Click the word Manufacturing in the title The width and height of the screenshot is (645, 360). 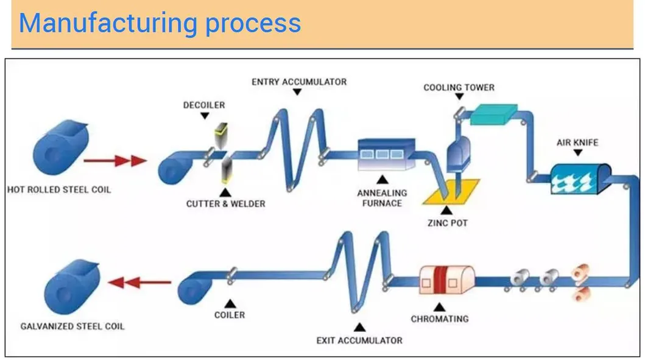pyautogui.click(x=107, y=23)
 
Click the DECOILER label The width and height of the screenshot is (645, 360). pyautogui.click(x=204, y=105)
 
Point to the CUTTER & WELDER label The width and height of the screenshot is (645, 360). pyautogui.click(x=225, y=203)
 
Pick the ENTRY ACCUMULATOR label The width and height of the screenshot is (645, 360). pyautogui.click(x=299, y=82)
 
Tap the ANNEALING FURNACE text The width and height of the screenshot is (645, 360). pyautogui.click(x=382, y=199)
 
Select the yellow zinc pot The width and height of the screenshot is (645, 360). pyautogui.click(x=451, y=192)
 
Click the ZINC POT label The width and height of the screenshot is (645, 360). pyautogui.click(x=448, y=223)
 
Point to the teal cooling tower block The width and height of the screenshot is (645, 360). pyautogui.click(x=494, y=113)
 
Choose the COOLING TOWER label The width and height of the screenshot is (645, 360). pyautogui.click(x=459, y=88)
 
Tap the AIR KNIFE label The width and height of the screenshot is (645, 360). pyautogui.click(x=577, y=143)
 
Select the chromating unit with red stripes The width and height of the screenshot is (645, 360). pyautogui.click(x=447, y=280)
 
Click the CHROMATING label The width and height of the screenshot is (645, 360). pyautogui.click(x=440, y=319)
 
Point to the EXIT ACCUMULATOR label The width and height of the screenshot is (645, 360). pyautogui.click(x=359, y=340)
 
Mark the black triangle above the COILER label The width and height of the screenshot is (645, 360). pyautogui.click(x=230, y=302)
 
